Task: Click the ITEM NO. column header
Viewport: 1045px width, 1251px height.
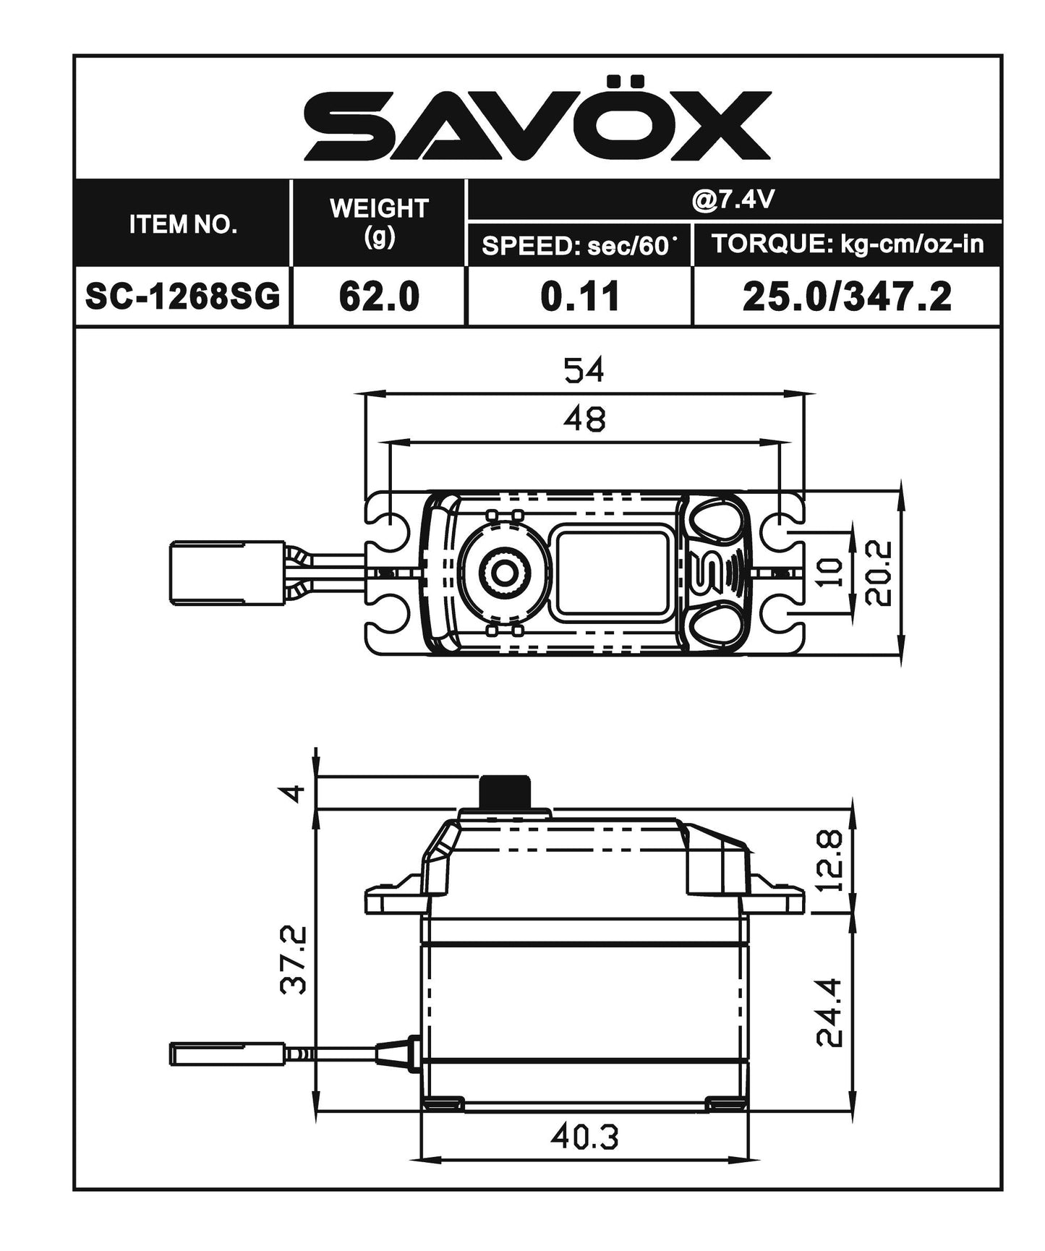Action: coord(183,224)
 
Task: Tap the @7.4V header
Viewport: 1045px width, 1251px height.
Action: coord(733,200)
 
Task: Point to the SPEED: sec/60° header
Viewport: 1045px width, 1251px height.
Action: coord(579,246)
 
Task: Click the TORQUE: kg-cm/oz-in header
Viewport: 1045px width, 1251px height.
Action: coord(848,244)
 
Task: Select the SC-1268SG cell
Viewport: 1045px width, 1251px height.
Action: coord(183,296)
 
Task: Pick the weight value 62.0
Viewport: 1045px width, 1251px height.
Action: coord(378,296)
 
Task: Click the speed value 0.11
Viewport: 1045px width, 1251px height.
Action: coord(579,296)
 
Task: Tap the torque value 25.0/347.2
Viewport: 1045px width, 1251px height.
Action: coord(847,296)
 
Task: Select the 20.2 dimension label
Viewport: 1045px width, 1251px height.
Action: coord(878,573)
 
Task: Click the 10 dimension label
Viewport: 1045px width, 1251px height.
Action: coord(832,572)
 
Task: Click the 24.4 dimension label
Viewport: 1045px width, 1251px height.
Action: coord(829,1012)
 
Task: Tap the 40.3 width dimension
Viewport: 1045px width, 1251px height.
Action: coord(584,1137)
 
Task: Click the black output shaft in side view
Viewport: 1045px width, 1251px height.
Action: coord(505,792)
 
